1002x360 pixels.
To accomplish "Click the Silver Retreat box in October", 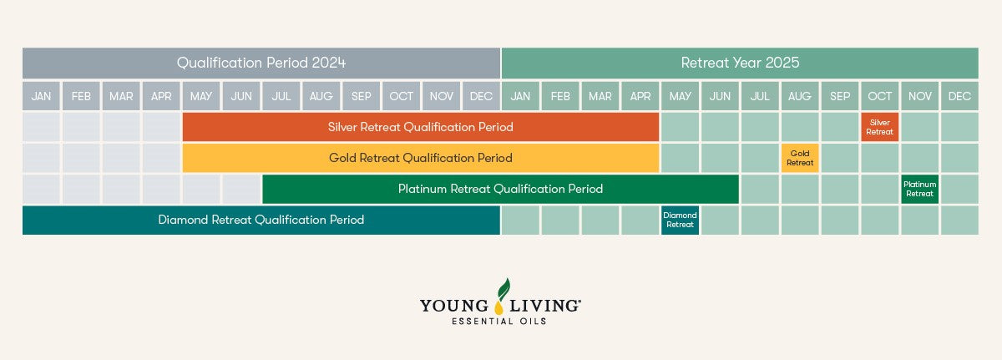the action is pos(879,127).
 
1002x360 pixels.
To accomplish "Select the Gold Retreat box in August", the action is pos(800,158).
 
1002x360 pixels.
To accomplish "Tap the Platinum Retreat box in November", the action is pos(919,189).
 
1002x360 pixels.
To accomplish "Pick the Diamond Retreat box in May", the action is pos(680,220).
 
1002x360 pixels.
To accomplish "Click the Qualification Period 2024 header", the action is pos(261,63).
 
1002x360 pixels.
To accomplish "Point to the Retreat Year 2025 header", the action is pos(740,63).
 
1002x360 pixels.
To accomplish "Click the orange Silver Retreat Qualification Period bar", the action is pos(421,127).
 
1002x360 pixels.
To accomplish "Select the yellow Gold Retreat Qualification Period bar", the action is pos(421,158).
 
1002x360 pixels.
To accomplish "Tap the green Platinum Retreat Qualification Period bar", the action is pos(500,189).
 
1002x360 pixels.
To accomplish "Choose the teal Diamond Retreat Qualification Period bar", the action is pos(261,220).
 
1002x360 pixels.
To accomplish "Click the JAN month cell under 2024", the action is pos(41,96).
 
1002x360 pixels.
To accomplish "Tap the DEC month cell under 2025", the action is pos(959,96).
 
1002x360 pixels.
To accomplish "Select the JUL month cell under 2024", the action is pos(281,96).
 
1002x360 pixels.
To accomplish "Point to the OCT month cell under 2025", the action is pos(879,96).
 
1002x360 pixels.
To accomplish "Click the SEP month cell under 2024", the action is pos(361,96).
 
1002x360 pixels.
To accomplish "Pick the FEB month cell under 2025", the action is pos(560,96).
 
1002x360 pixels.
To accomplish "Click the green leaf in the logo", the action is pos(504,289).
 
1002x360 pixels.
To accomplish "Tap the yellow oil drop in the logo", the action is pos(498,307).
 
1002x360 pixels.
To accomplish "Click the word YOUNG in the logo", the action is pos(454,306).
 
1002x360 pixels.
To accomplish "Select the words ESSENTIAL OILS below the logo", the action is pos(499,321).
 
